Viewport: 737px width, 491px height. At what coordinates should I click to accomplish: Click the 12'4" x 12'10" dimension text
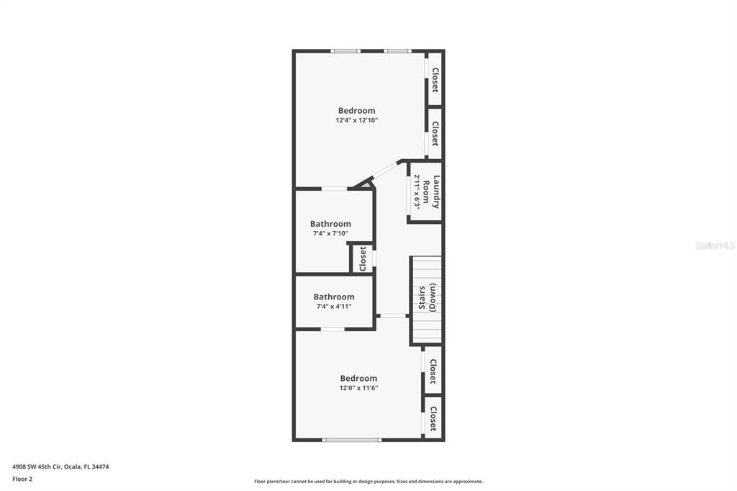356,121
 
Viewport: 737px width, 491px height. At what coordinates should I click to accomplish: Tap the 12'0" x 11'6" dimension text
358,388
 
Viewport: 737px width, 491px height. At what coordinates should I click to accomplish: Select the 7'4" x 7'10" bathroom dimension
330,233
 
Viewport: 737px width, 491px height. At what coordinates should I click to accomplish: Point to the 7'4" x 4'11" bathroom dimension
334,307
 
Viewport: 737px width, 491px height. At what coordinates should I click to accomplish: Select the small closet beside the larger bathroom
363,258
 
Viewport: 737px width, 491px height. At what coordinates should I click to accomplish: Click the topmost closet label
435,80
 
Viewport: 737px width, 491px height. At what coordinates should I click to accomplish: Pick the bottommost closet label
433,418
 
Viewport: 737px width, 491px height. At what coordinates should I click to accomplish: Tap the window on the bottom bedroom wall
351,440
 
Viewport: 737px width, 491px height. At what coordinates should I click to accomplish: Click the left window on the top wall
345,51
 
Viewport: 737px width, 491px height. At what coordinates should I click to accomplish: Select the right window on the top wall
397,51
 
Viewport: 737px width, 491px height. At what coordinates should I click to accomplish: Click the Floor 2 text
22,479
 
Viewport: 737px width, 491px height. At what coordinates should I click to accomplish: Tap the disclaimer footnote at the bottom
368,482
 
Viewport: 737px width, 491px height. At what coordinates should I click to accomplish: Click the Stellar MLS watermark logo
715,245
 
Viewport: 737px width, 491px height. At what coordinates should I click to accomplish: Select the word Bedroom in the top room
356,111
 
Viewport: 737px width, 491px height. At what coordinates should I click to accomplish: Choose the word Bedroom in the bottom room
358,379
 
